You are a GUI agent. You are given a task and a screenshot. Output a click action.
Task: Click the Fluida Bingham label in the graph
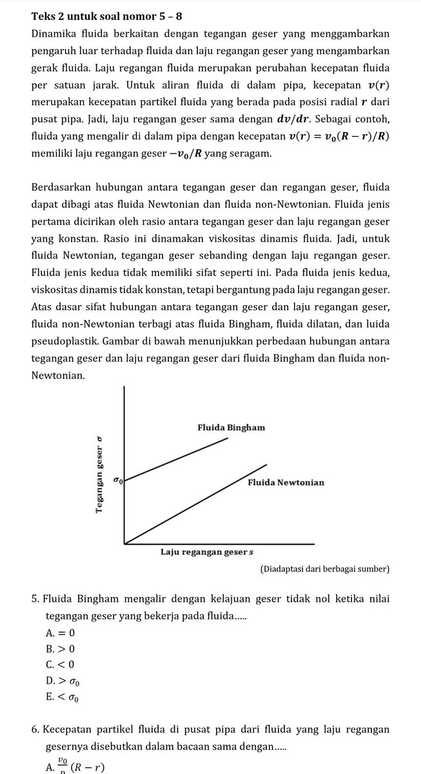(x=231, y=428)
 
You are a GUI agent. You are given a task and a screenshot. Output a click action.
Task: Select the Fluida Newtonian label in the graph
(x=286, y=482)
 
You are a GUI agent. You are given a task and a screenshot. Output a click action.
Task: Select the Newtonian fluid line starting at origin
(x=193, y=504)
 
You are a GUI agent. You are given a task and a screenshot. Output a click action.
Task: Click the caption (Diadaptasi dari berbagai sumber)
(x=324, y=569)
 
